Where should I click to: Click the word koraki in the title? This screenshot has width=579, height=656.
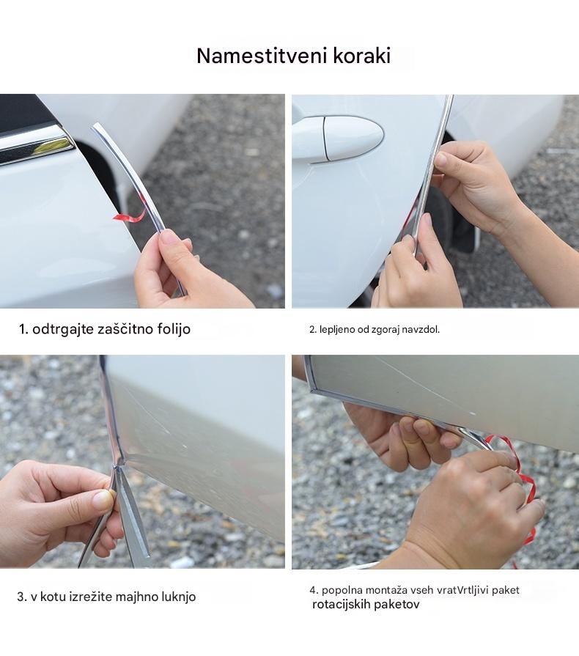point(362,56)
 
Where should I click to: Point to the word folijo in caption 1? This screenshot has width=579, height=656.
point(174,329)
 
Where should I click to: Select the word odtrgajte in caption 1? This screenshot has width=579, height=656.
point(63,329)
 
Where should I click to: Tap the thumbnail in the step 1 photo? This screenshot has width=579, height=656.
point(170,238)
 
